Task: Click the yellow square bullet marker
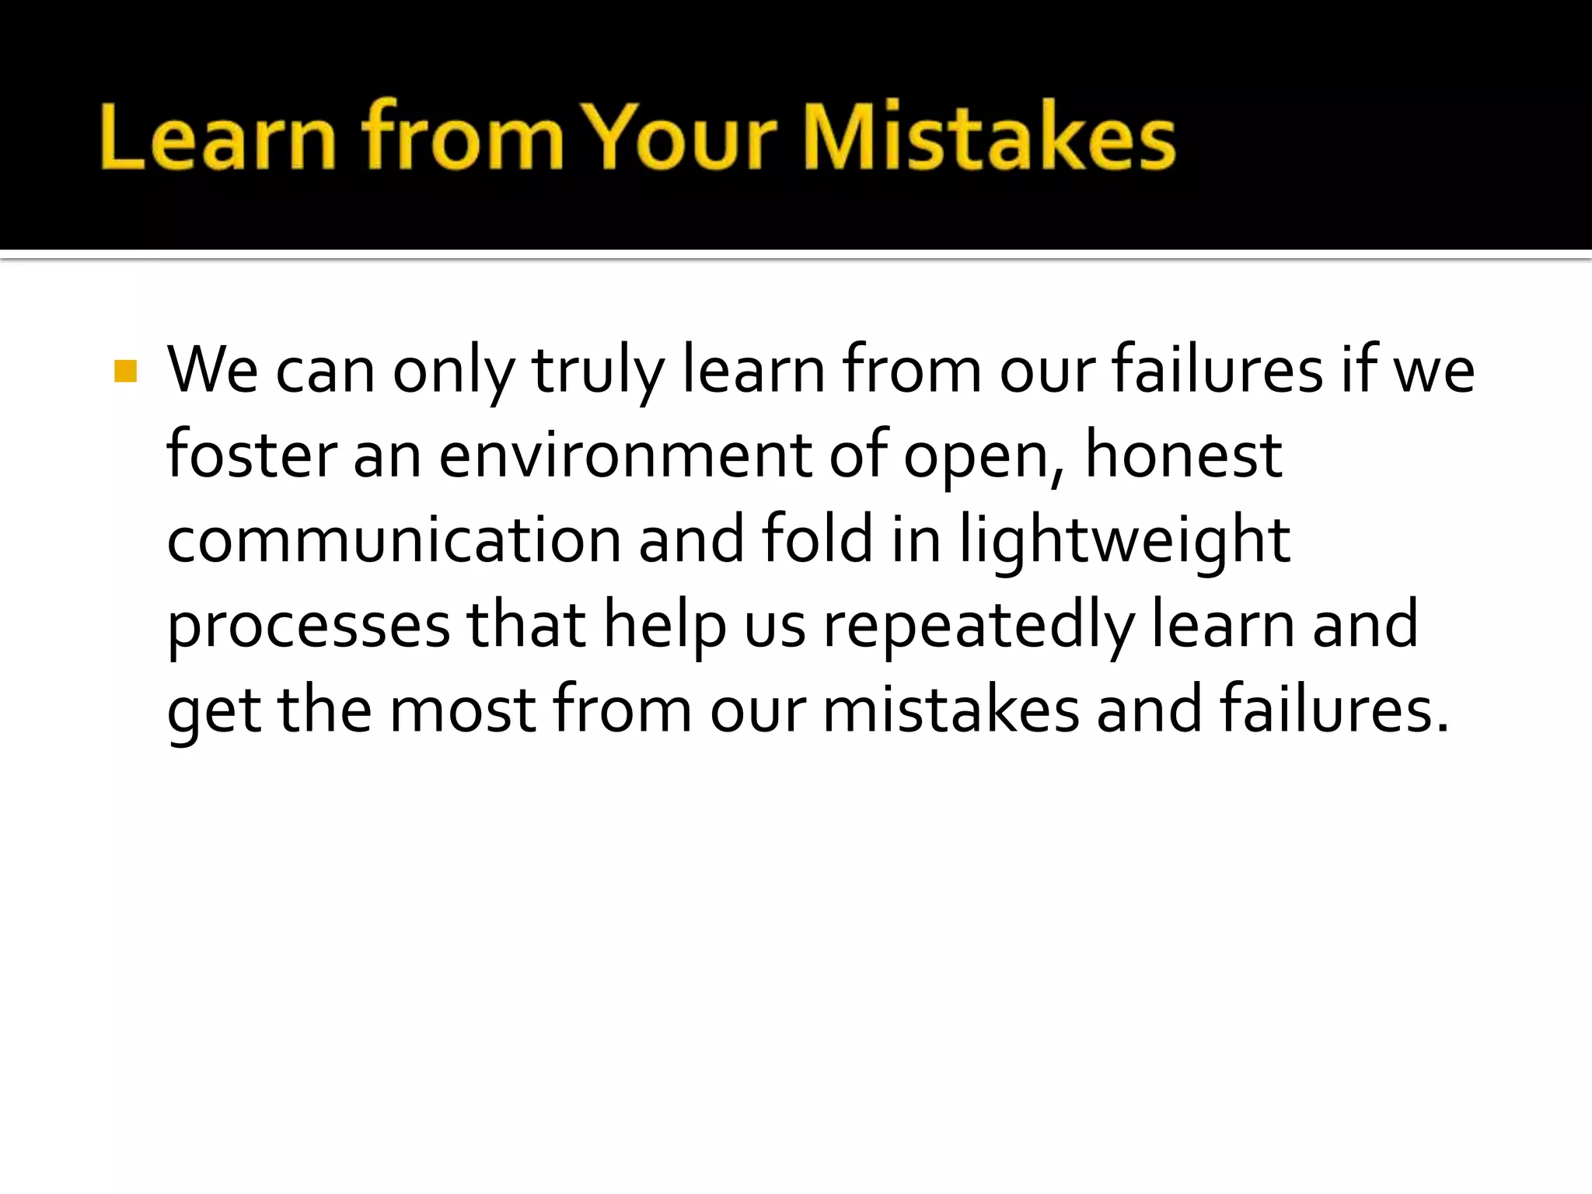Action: tap(125, 372)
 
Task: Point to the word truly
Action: tap(598, 372)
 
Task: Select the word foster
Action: tap(251, 456)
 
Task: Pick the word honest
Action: tap(1182, 456)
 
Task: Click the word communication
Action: tap(393, 540)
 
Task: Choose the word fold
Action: tap(817, 540)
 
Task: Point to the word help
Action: tap(665, 627)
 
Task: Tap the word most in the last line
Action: tap(463, 710)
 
